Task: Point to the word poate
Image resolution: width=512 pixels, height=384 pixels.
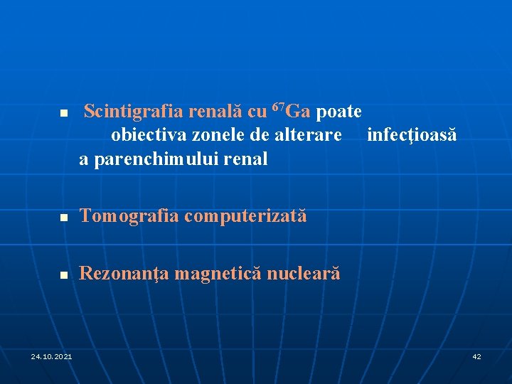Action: point(338,112)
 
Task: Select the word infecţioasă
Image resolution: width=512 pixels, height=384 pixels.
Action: point(412,134)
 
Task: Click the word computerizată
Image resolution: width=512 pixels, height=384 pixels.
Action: point(245,215)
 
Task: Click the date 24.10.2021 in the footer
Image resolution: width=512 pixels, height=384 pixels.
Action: point(51,356)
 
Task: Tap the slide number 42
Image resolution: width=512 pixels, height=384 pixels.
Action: point(476,356)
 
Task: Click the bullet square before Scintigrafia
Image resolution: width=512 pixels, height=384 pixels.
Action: point(63,113)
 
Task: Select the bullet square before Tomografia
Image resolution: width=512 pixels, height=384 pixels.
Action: point(63,217)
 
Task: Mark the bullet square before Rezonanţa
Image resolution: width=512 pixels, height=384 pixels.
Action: point(63,274)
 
